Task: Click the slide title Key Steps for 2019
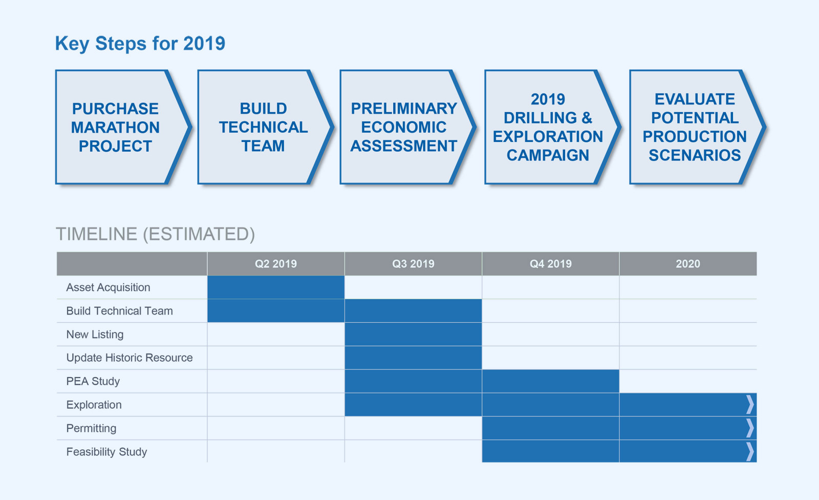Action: click(x=140, y=44)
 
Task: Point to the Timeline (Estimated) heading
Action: click(x=155, y=234)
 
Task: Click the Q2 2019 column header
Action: click(x=276, y=263)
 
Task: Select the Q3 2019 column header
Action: click(x=413, y=263)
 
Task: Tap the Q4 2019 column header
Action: click(x=551, y=263)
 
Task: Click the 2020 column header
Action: click(x=688, y=263)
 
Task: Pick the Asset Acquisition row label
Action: click(x=108, y=287)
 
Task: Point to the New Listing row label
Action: click(x=95, y=335)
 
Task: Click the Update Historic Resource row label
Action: click(x=130, y=358)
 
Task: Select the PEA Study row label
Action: click(x=93, y=382)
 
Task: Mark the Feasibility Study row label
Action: click(x=106, y=452)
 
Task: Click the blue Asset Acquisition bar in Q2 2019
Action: click(x=276, y=287)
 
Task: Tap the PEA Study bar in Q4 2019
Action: click(x=551, y=381)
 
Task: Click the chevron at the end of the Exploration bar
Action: click(x=750, y=405)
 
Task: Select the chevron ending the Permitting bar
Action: click(x=750, y=428)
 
